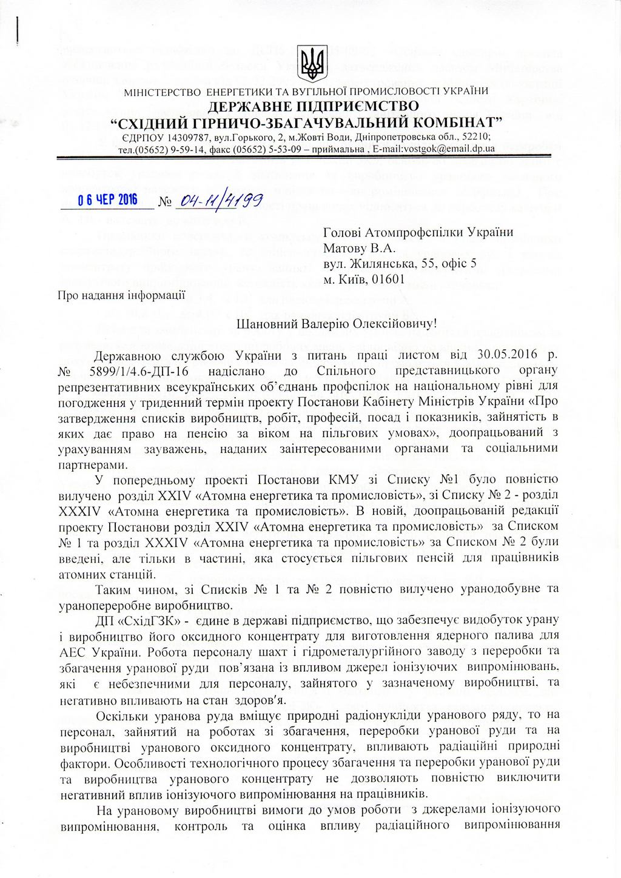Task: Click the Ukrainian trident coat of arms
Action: (313, 63)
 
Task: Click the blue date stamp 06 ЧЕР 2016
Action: (108, 200)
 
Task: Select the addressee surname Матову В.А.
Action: (359, 248)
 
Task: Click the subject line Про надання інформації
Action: (121, 295)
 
